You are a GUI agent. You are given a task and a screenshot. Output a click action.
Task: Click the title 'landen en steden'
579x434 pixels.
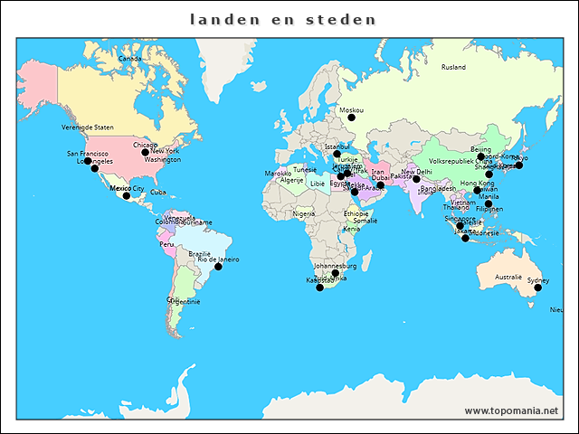[x=284, y=19]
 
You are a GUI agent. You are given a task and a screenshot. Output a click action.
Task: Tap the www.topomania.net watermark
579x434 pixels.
[x=512, y=410]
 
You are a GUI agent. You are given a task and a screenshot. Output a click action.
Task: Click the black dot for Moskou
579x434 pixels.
[x=352, y=118]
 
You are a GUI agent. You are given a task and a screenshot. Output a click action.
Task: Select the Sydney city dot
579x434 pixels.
[x=537, y=288]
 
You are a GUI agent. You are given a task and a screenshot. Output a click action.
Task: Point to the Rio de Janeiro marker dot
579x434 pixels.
[x=218, y=267]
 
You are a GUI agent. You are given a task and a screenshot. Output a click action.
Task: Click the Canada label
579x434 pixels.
[x=130, y=59]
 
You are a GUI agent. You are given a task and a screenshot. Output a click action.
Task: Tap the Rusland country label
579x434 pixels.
[x=453, y=67]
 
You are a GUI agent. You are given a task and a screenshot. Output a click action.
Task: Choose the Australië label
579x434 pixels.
[x=508, y=278]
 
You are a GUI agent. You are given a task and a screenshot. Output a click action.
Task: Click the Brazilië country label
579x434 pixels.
[x=199, y=254]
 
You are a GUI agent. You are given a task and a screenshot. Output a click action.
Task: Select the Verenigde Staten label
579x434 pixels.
[x=88, y=127]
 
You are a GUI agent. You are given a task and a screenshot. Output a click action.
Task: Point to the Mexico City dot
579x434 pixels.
[x=127, y=195]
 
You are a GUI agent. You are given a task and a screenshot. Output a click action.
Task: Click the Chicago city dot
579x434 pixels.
[x=145, y=152]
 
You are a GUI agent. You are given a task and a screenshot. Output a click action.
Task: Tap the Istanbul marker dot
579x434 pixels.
[x=337, y=154]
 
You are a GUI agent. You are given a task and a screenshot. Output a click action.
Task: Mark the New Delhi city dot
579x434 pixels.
[x=416, y=179]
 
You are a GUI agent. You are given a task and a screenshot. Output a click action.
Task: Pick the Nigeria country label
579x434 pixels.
[x=304, y=214]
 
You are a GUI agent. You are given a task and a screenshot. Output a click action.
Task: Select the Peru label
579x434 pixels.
[x=166, y=244]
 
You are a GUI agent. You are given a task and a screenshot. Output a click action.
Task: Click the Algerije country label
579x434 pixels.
[x=291, y=180]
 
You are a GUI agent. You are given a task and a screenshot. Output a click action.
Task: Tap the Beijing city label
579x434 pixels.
[x=480, y=149]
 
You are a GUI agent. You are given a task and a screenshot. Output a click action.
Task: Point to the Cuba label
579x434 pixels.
[x=157, y=192]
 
